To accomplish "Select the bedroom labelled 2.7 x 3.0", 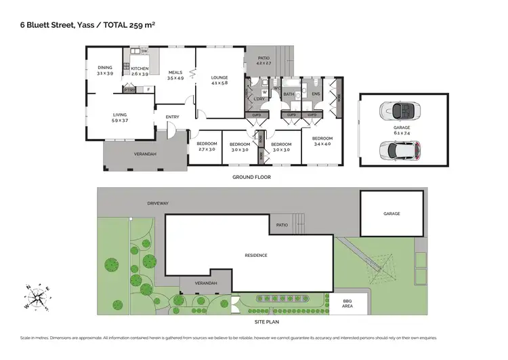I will click(207, 146).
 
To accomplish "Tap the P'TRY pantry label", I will click(129, 90).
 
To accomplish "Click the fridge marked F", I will click(148, 89).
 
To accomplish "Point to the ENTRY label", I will click(172, 117).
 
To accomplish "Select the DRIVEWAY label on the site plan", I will click(157, 202).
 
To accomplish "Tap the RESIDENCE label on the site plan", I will click(256, 255).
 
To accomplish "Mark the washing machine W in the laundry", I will click(264, 93).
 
